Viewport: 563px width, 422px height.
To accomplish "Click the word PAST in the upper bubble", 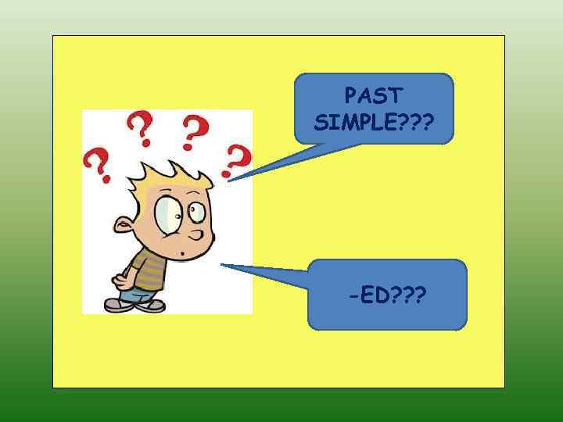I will [x=374, y=97].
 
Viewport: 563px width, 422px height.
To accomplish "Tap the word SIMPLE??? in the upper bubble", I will [x=374, y=123].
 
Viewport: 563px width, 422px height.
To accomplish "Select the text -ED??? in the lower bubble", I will [x=387, y=296].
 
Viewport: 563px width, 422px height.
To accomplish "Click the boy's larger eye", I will [x=168, y=212].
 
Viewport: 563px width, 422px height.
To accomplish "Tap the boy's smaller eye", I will [x=195, y=211].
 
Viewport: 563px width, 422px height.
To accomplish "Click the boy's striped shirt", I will [x=149, y=270].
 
